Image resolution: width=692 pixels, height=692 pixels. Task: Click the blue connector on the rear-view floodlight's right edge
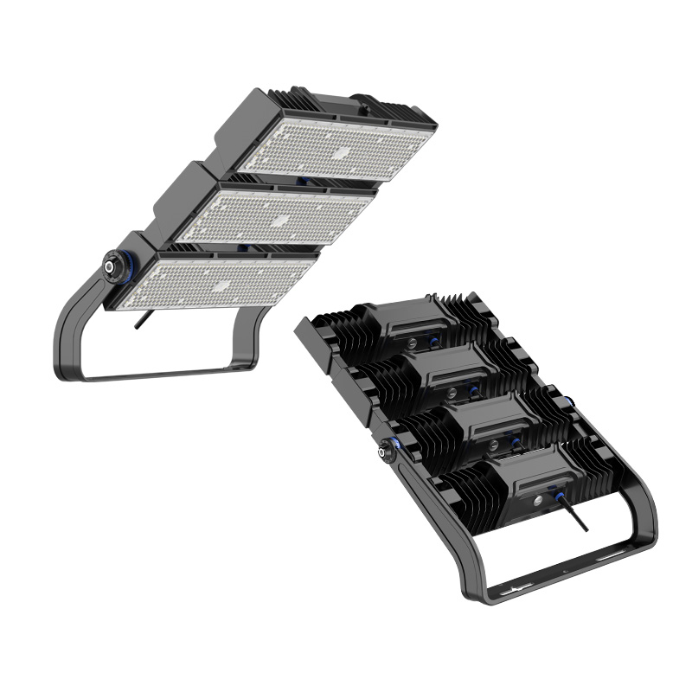pyautogui.click(x=570, y=404)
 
